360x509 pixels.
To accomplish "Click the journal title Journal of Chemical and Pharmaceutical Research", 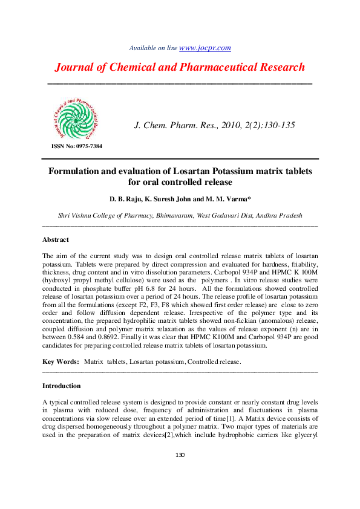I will [180, 67].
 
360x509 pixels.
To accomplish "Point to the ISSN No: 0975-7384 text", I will [76, 146].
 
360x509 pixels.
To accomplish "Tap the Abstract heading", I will [56, 240].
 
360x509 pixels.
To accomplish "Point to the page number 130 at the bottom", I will [180, 456].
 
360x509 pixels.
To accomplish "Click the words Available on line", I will [154, 48].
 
